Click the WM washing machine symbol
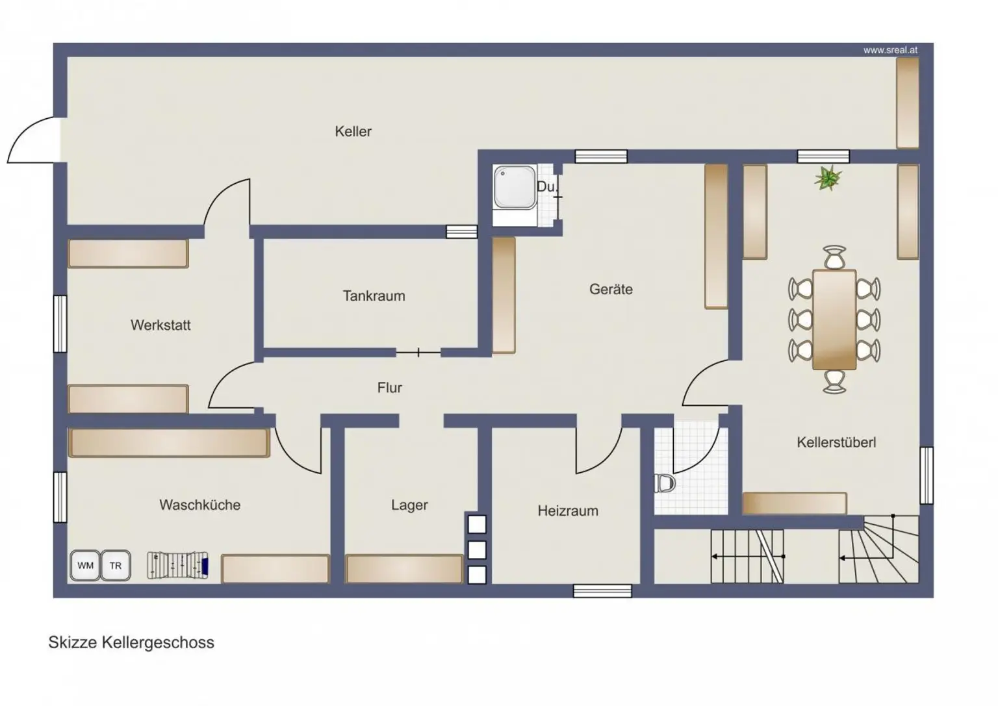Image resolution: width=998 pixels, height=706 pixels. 85,565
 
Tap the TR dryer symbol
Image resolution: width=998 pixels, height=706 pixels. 116,565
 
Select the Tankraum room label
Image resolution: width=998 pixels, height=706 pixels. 374,296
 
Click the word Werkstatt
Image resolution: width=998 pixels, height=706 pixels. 160,325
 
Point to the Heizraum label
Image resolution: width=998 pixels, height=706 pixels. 568,511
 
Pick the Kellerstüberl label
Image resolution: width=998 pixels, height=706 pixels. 836,442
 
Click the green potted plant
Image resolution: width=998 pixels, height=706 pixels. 828,178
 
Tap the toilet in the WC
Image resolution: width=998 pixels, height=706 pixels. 665,483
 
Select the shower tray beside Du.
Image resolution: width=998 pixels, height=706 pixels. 515,188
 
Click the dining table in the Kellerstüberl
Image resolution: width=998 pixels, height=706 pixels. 834,320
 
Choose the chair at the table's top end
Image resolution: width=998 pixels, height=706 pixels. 834,257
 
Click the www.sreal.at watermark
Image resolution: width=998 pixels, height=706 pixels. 890,50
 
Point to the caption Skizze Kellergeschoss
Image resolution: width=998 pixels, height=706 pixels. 131,642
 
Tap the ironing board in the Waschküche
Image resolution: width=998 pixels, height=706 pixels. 178,565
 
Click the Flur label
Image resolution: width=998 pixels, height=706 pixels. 389,388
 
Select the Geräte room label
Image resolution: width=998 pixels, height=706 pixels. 611,290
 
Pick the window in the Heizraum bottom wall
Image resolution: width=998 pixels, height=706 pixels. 602,591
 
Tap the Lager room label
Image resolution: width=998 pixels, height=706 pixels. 409,505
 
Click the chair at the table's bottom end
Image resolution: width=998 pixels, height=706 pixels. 834,382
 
